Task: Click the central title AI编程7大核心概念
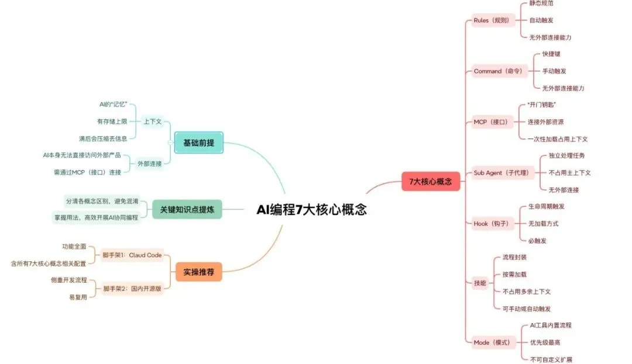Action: coord(311,209)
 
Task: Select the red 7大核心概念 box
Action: coord(431,181)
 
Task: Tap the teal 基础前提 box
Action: coord(199,142)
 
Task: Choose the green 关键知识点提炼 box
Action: coord(187,209)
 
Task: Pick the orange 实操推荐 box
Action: coord(199,272)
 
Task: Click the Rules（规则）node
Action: coord(491,20)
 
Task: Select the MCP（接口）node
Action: coord(490,122)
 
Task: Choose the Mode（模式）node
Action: coord(492,342)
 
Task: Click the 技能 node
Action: coord(480,283)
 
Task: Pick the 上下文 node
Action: coord(153,122)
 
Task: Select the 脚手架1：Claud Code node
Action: coord(132,255)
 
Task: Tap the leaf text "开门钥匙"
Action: coord(542,105)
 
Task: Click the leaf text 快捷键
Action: coord(551,54)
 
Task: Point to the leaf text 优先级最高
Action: coord(544,342)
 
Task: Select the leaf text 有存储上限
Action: coord(112,122)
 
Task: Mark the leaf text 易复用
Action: coord(78,297)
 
